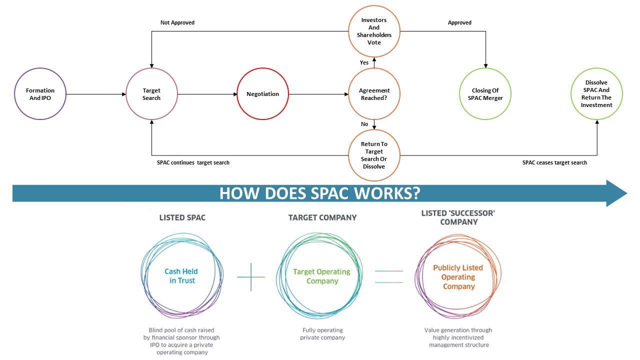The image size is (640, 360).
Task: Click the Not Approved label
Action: coord(177,22)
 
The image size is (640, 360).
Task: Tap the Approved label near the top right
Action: coord(459,22)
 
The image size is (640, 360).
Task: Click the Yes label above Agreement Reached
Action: coord(364,62)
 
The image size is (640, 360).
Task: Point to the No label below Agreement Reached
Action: coord(364,124)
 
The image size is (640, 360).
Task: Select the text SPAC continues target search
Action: coord(193,162)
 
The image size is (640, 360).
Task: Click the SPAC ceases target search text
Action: coord(554,162)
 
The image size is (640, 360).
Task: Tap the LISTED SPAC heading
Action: coord(182,217)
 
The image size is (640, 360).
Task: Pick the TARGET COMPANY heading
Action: coord(322,217)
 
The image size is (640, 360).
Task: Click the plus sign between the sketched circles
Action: coord(251,277)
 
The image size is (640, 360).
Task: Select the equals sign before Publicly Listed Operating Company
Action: coord(389,277)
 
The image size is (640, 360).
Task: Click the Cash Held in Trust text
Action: coord(181,276)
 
